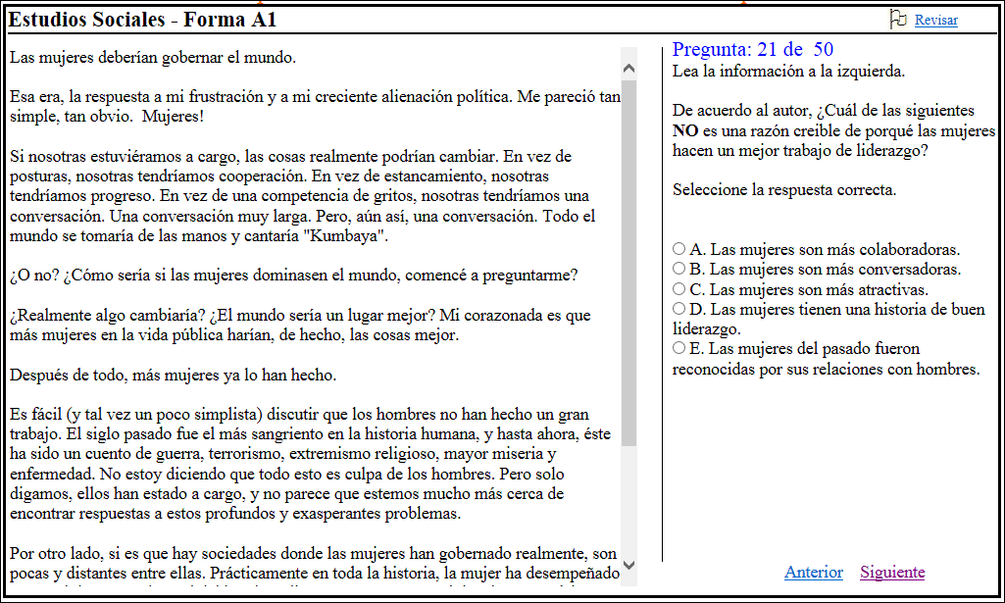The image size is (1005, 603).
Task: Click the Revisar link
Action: click(935, 20)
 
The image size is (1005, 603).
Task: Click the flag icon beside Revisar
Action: click(897, 19)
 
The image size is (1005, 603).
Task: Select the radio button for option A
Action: click(679, 249)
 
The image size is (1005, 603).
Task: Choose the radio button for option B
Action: click(679, 269)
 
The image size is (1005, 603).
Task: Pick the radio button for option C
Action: click(679, 289)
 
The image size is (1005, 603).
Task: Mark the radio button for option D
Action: click(679, 309)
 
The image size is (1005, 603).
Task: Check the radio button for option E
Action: click(679, 348)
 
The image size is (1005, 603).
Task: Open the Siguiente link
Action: click(892, 573)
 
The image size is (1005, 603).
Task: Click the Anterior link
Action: click(814, 573)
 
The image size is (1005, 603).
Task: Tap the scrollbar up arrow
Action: click(628, 68)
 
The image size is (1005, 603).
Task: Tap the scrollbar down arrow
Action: click(628, 566)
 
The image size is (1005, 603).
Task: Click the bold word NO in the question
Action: click(684, 130)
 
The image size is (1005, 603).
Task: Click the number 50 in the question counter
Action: click(824, 50)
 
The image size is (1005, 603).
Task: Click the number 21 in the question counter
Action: click(768, 50)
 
